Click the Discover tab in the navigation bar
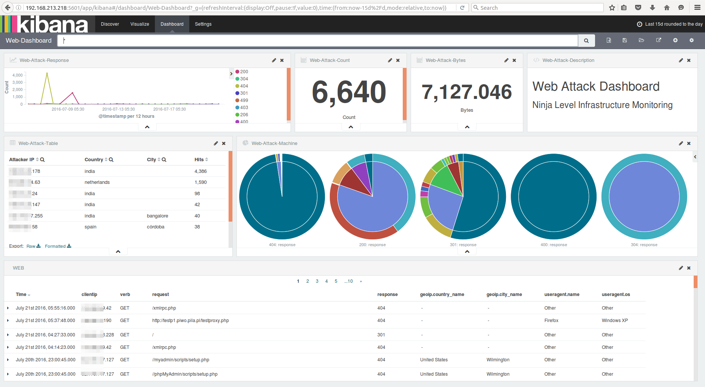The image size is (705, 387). (110, 24)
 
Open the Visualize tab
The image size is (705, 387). (139, 24)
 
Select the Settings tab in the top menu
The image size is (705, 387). (203, 24)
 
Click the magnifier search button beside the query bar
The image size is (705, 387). (586, 41)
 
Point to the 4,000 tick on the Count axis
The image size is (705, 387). (17, 75)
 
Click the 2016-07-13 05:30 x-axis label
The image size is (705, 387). (118, 109)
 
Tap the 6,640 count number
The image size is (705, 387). (349, 92)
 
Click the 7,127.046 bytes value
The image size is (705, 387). (467, 92)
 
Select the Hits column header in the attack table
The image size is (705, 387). (199, 160)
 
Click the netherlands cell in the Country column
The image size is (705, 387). (97, 182)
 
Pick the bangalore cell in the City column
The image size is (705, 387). (158, 216)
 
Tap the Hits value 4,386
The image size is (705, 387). (201, 171)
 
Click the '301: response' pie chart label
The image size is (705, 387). (463, 245)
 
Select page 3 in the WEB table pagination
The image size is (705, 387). (317, 281)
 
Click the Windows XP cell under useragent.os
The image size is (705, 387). (615, 321)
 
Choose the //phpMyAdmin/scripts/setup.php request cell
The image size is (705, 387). (185, 374)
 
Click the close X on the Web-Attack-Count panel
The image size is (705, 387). (398, 60)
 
